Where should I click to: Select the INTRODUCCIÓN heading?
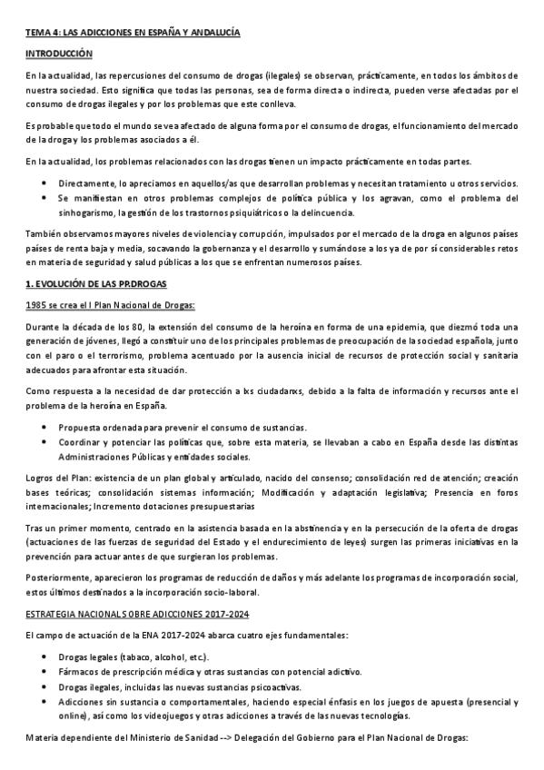pos(59,54)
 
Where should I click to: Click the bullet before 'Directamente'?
pos(45,183)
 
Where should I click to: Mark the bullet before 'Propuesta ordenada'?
pos(45,427)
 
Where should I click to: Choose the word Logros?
pos(39,478)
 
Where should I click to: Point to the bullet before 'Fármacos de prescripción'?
pos(45,672)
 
